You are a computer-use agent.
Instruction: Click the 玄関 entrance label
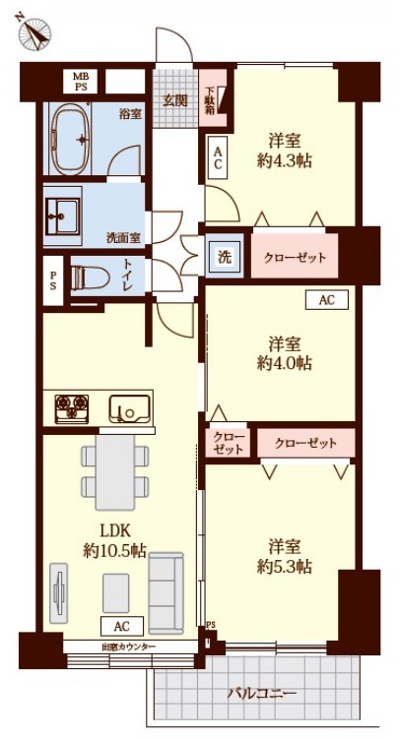click(176, 99)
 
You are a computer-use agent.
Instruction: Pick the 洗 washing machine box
click(226, 258)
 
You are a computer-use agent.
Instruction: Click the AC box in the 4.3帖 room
click(218, 157)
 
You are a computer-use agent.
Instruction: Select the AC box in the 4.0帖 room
click(326, 301)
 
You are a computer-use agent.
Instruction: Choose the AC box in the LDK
click(120, 626)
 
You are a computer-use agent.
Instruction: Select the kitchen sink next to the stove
click(128, 406)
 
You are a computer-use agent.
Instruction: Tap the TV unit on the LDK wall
click(59, 593)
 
